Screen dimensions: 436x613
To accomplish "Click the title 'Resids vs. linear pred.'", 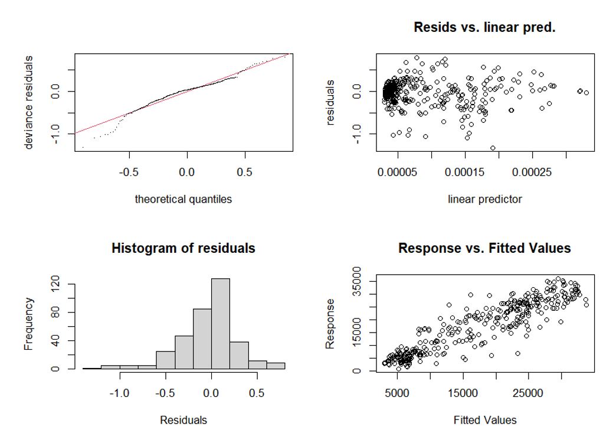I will click(x=484, y=27).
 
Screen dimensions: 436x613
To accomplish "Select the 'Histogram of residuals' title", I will click(x=183, y=248).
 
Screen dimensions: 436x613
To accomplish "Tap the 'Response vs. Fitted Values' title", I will click(x=484, y=248).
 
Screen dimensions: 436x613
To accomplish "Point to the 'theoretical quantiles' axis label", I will click(x=183, y=199).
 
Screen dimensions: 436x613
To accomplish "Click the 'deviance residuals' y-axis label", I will click(x=29, y=102).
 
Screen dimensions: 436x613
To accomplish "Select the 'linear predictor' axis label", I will click(x=484, y=199).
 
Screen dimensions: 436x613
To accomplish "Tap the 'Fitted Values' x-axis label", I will click(x=484, y=420).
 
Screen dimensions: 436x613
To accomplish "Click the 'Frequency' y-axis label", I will click(x=29, y=323).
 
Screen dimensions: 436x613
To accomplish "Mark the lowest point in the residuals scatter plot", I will click(x=493, y=148).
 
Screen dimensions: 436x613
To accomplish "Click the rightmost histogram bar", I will click(x=276, y=366).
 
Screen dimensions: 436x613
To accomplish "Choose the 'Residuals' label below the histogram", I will click(x=183, y=420).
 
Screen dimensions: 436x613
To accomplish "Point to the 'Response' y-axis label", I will click(x=331, y=323).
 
